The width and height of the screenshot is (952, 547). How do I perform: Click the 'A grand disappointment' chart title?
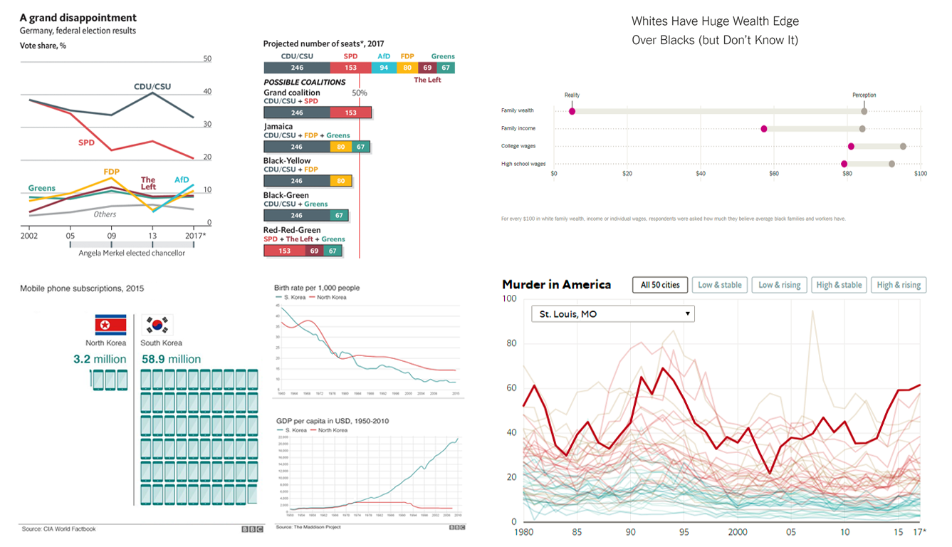coord(78,18)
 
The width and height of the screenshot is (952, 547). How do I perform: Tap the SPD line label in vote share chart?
coord(86,142)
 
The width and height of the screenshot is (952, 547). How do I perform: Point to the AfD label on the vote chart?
coord(182,180)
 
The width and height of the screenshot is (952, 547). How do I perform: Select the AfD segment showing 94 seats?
coord(384,68)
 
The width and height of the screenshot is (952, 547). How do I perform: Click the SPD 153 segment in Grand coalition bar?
coord(350,113)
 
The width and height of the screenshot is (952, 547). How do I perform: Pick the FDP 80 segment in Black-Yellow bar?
coord(341,181)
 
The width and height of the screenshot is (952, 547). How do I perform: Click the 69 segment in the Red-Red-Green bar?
coord(313,251)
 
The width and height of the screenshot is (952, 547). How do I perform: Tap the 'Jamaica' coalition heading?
coord(278,126)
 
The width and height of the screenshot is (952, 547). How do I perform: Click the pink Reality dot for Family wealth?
coord(572,111)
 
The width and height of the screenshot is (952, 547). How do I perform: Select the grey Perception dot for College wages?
coord(903,147)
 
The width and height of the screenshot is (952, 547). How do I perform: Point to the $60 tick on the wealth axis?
coord(774,174)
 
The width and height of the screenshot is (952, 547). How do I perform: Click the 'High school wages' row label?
coord(523,164)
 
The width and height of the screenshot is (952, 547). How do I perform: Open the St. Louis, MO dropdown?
coord(612,313)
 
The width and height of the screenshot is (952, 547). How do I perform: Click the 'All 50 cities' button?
coord(659,285)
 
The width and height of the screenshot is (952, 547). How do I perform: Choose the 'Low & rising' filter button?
coord(779,285)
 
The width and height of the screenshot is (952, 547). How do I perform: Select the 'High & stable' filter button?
coord(838,285)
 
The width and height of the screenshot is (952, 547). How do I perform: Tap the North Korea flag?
coord(110,325)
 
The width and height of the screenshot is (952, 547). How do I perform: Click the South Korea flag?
coord(157,325)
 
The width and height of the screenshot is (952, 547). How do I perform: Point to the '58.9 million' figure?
coord(171,360)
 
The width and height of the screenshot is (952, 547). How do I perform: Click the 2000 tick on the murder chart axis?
coord(738,532)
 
